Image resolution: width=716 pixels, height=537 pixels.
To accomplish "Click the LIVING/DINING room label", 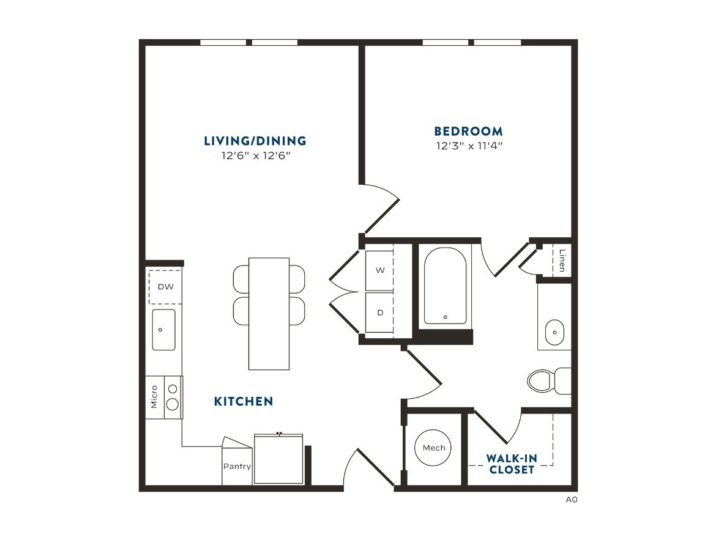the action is coord(255,141).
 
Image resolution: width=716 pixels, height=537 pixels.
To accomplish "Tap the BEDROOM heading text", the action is coord(469,131).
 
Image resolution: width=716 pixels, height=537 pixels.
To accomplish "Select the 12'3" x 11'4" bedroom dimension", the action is coord(469,146).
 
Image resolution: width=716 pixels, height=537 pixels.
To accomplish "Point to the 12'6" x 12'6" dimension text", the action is coord(256,155).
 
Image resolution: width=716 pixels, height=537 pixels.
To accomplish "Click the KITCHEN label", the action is coord(244,401).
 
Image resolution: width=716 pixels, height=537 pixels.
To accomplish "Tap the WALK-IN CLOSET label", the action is coord(512,464).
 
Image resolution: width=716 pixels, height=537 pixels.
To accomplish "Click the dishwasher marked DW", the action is coord(165,286).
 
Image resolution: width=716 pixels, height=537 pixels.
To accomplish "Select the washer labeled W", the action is coord(379,270).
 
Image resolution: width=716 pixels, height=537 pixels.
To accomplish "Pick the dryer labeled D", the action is coord(379,313).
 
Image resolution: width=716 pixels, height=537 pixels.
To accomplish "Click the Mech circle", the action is coord(433,448).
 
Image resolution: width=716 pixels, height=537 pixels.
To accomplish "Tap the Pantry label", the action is coord(237,466).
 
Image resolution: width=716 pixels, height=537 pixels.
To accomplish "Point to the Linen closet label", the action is coord(562,261).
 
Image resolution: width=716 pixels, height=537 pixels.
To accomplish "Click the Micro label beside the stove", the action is coord(154,397).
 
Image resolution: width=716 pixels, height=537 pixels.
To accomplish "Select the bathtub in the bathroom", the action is coord(446,286).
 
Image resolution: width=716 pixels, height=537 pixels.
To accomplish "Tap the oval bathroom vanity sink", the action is coord(554,332).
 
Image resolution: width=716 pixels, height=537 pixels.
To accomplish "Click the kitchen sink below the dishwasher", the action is coord(163,330).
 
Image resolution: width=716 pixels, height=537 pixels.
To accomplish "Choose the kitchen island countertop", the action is coord(269,314).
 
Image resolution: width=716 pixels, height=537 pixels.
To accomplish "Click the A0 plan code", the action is coord(572,500).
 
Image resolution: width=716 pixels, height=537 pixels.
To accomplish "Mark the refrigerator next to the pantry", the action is coord(278,459).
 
